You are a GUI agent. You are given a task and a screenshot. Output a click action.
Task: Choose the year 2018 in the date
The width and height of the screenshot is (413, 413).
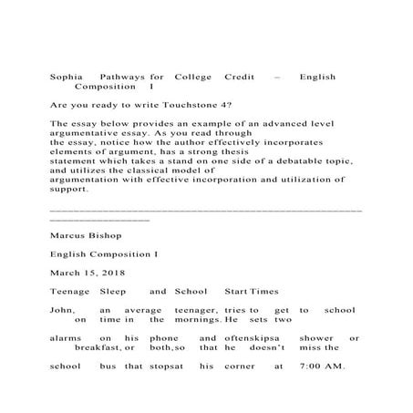click(115, 273)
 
